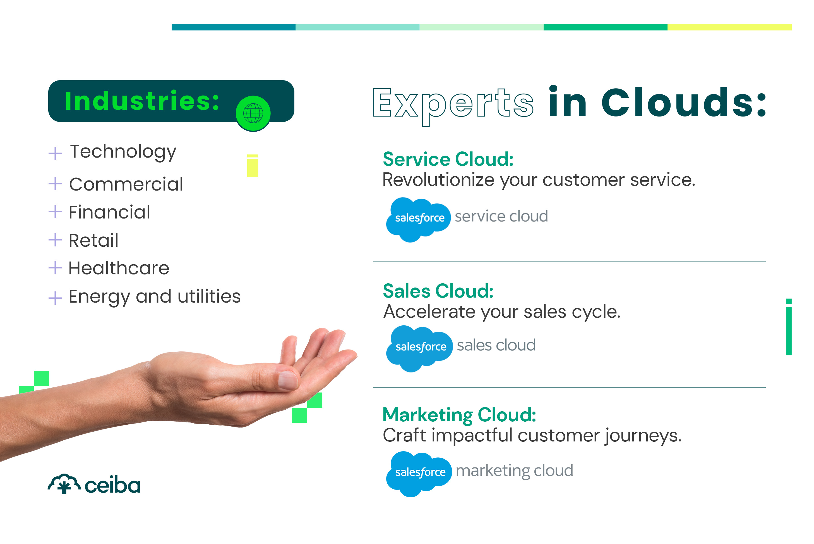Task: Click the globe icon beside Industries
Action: click(x=253, y=113)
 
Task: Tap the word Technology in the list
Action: click(x=123, y=152)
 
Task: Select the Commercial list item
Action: click(x=126, y=184)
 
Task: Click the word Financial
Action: click(x=109, y=212)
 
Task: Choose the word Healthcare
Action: click(x=119, y=268)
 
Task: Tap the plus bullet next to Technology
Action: click(x=55, y=153)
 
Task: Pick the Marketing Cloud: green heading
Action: click(x=459, y=415)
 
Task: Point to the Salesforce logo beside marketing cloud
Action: click(x=419, y=474)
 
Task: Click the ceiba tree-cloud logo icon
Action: click(x=64, y=484)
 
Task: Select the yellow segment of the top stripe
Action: click(x=729, y=27)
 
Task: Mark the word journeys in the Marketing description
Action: click(x=643, y=436)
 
